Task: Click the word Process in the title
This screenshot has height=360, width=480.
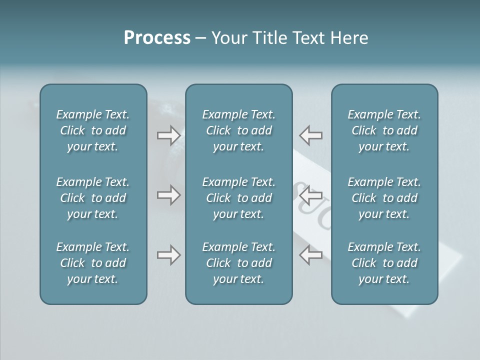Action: [157, 38]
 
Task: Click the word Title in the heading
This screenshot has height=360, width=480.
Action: [267, 38]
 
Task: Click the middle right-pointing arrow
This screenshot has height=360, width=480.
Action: [168, 195]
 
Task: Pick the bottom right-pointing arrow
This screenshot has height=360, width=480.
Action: [168, 255]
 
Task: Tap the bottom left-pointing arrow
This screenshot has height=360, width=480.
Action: [310, 255]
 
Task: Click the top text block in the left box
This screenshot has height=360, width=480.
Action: [93, 130]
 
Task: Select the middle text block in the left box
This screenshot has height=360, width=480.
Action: [93, 198]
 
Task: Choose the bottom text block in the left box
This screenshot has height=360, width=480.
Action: [93, 263]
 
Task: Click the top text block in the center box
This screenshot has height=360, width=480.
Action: [239, 130]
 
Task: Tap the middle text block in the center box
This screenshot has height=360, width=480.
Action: [239, 198]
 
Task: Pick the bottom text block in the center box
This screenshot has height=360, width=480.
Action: [239, 263]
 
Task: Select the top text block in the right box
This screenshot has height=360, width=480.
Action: [384, 130]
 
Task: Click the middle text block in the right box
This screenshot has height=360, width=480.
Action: [384, 198]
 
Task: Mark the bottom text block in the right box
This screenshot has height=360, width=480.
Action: [384, 263]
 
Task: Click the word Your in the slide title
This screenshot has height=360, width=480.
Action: [227, 38]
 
